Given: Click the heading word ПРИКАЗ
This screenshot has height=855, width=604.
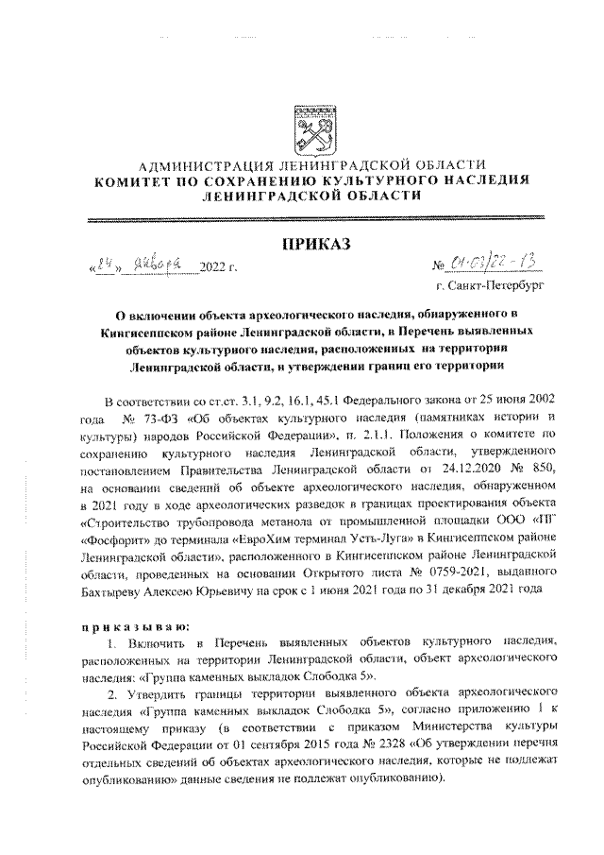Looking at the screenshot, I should pos(312,245).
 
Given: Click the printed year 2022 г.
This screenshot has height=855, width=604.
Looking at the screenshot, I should pos(218,268).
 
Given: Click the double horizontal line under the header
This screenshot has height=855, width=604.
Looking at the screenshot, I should pos(312,219).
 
